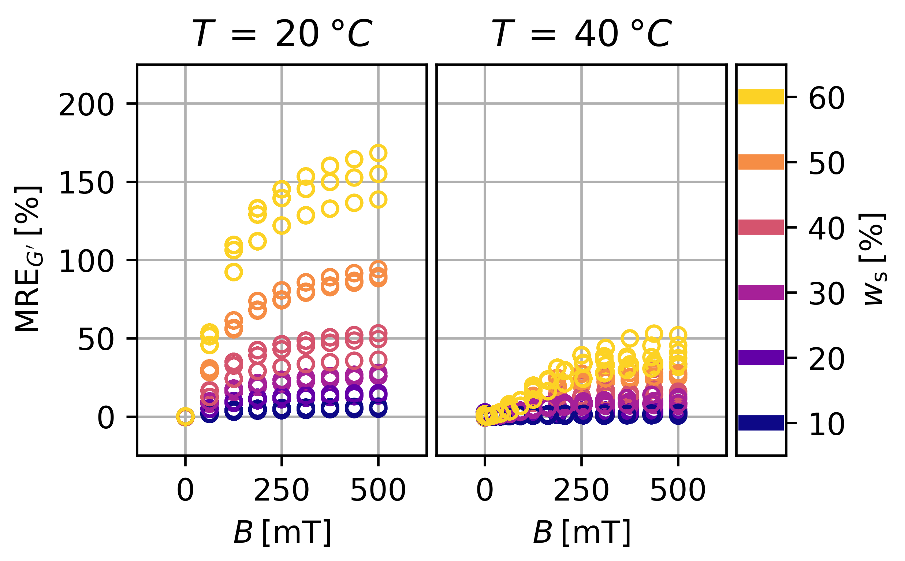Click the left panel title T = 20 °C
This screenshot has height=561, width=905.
282,34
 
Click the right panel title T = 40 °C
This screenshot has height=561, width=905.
581,34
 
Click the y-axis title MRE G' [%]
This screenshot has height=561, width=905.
28,260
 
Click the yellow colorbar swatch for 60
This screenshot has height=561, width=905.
761,97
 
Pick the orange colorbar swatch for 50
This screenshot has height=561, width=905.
761,162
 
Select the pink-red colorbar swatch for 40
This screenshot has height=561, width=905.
761,227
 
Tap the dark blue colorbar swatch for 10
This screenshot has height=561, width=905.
761,422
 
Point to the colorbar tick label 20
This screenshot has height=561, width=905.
826,359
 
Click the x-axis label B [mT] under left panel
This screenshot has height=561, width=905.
282,533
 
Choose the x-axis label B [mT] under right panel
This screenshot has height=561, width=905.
581,533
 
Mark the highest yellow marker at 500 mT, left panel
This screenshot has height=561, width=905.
379,153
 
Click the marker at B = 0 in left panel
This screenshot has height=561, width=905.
185,417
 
